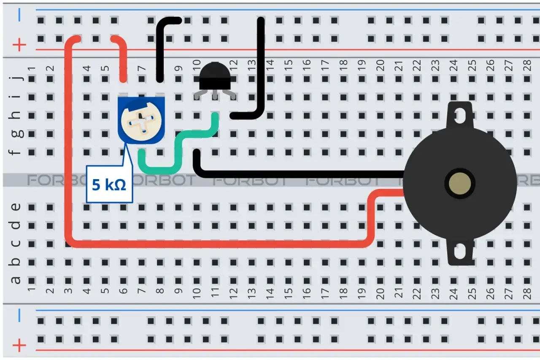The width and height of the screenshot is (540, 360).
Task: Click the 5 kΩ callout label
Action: click(109, 184)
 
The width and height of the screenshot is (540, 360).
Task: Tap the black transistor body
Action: click(215, 76)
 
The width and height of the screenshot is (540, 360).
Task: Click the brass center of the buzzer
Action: click(460, 183)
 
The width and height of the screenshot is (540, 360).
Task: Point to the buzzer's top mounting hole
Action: click(460, 115)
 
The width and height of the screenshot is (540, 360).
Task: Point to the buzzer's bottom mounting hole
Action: click(460, 251)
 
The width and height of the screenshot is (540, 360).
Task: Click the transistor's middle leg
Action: click(215, 95)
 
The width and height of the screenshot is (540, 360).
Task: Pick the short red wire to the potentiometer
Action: click(121, 58)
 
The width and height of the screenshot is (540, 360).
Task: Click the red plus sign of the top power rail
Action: click(19, 45)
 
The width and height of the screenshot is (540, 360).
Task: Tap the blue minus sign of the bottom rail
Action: click(19, 315)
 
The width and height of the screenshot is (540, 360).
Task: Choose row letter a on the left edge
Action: click(16, 280)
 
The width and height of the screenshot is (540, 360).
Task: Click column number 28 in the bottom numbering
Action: click(527, 294)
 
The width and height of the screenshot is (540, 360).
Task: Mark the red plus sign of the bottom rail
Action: click(19, 345)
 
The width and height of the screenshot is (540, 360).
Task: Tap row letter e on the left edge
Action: click(16, 207)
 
